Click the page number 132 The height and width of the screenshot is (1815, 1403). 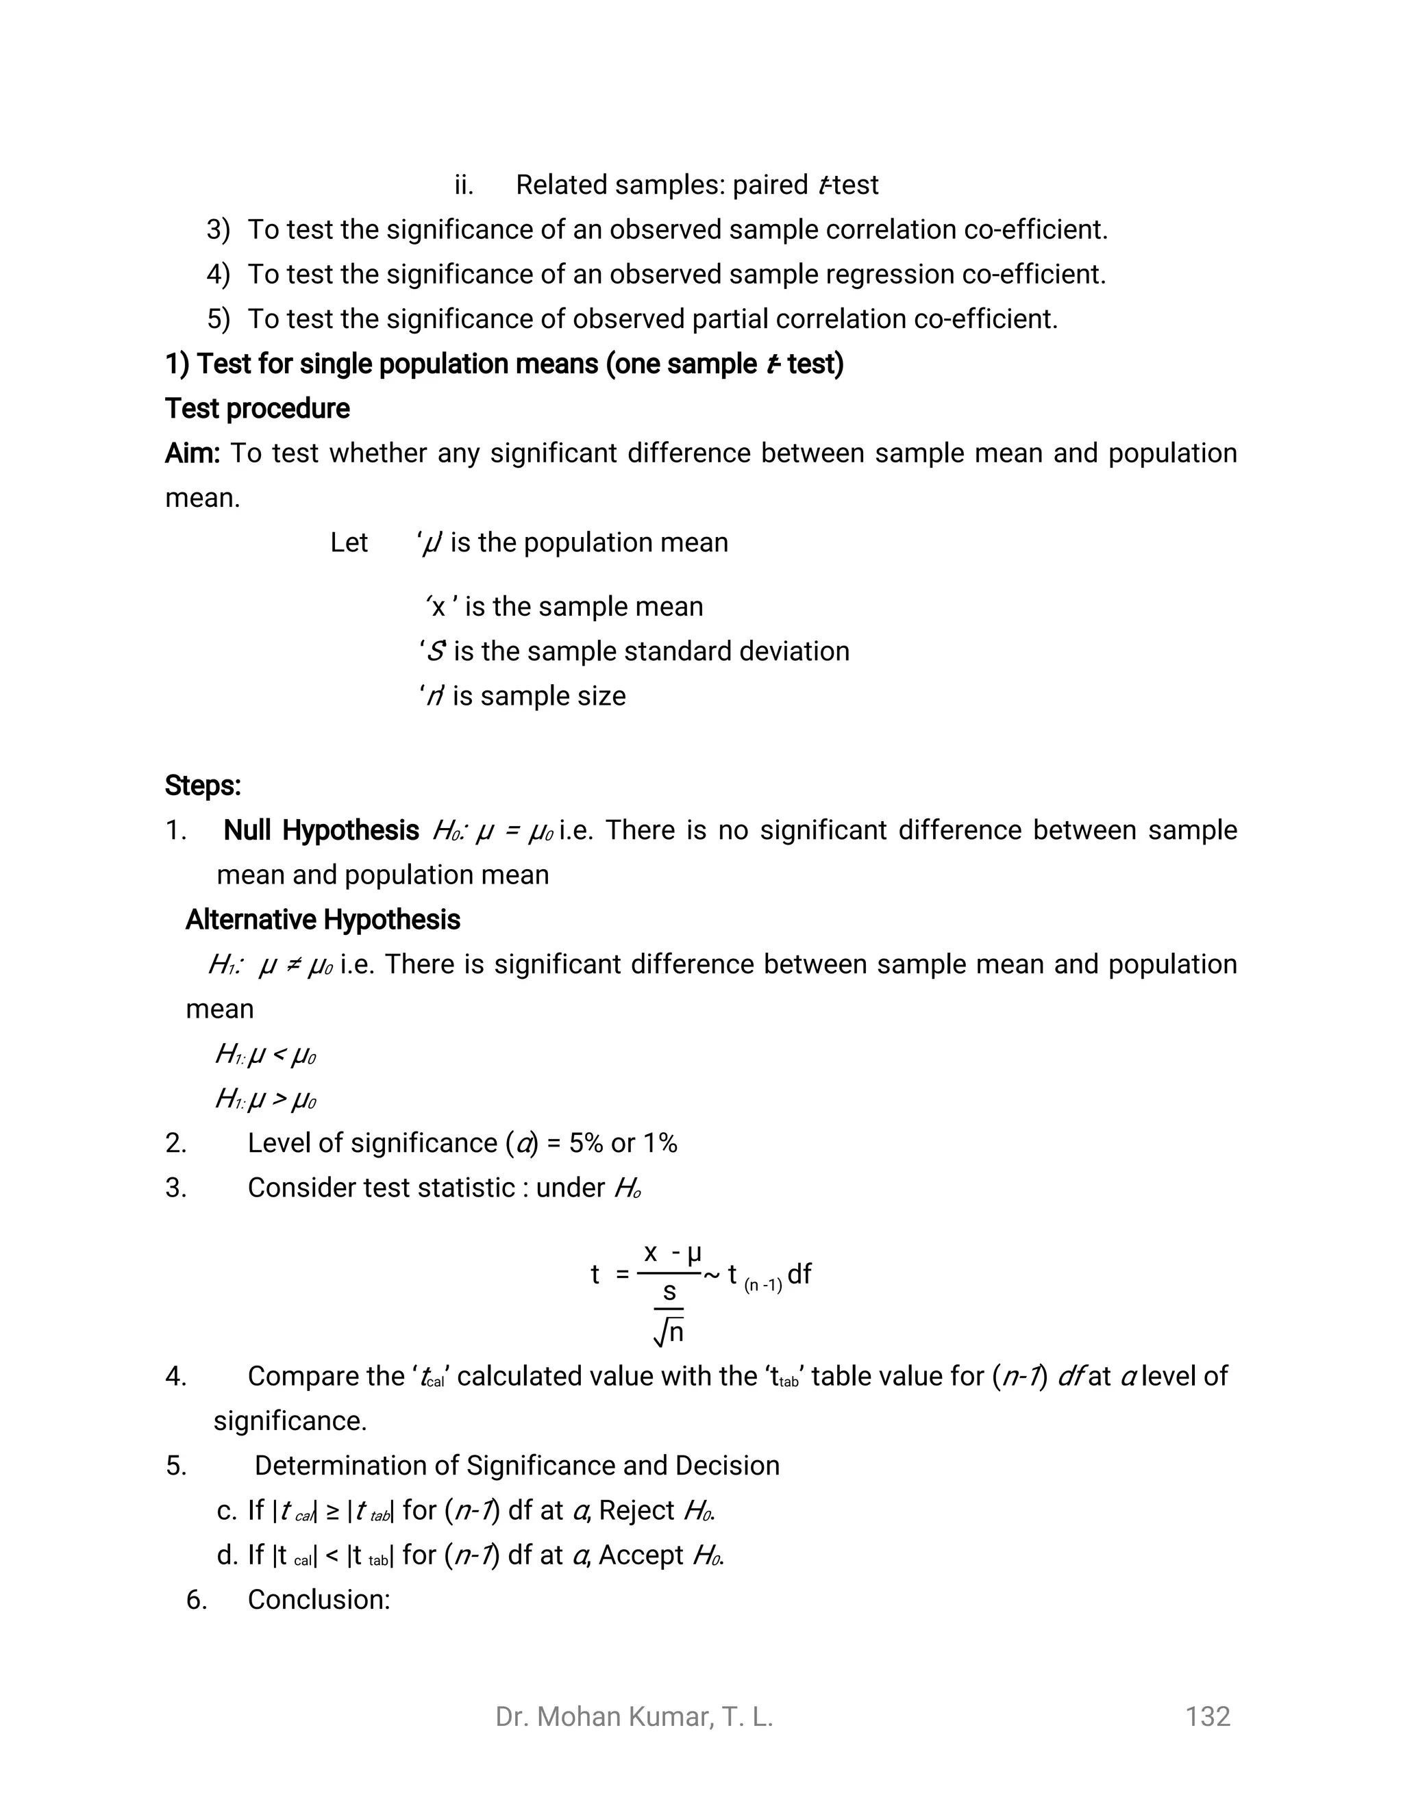pyautogui.click(x=1207, y=1716)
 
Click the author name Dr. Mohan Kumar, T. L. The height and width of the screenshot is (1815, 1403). pyautogui.click(x=634, y=1716)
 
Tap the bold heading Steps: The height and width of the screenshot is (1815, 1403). pyautogui.click(x=203, y=786)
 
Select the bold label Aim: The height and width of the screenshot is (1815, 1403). pyautogui.click(x=192, y=453)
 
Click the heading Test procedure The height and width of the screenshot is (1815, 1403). pyautogui.click(x=257, y=409)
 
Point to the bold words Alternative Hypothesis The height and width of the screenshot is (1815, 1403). pyautogui.click(x=323, y=920)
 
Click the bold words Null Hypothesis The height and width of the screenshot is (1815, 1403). pyautogui.click(x=321, y=830)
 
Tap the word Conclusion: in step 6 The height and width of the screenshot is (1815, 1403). pyautogui.click(x=319, y=1600)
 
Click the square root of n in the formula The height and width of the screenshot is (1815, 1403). pyautogui.click(x=669, y=1333)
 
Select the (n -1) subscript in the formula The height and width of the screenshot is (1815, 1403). pyautogui.click(x=763, y=1286)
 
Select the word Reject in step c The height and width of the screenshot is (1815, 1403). pyautogui.click(x=636, y=1510)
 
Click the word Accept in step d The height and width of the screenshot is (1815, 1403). pyautogui.click(x=641, y=1555)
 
